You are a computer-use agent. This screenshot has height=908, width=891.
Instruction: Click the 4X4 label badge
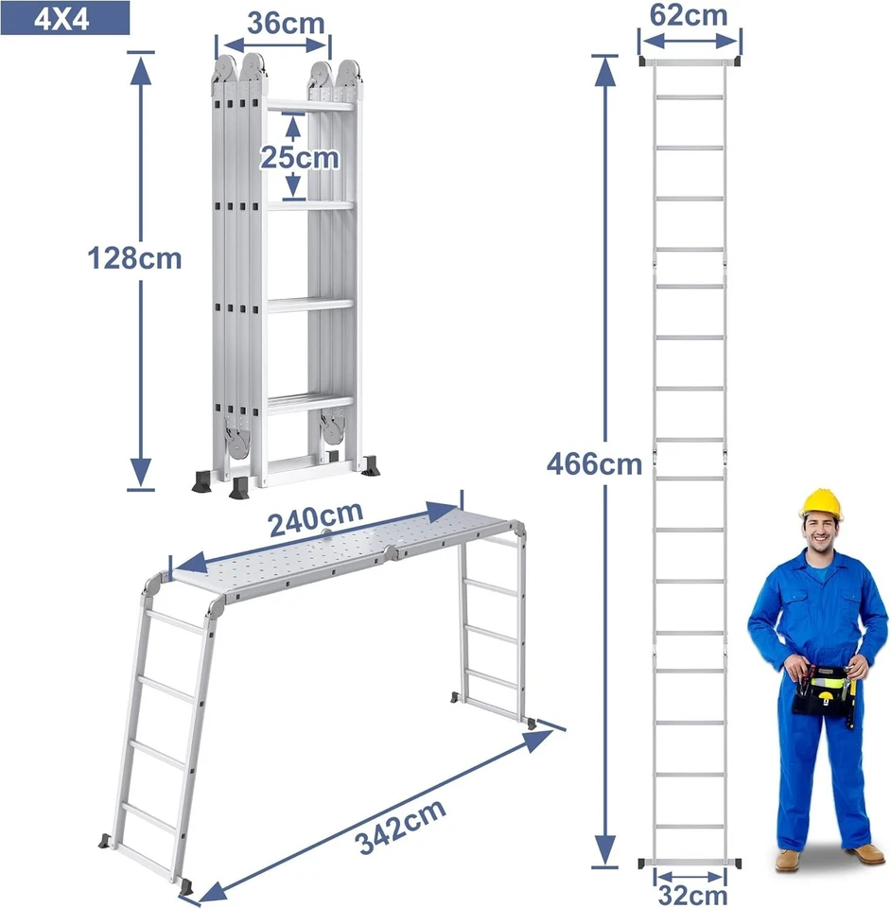point(64,18)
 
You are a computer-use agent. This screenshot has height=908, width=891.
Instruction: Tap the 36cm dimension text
point(286,23)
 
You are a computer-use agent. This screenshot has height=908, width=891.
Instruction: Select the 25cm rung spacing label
point(299,158)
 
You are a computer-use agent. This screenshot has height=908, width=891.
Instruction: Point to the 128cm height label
point(133,257)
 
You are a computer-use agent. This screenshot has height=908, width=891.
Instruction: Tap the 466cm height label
point(594,463)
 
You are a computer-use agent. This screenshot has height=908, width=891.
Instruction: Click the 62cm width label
point(689,15)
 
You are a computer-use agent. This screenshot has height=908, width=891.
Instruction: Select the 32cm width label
point(690,895)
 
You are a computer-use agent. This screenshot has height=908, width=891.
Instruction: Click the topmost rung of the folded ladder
point(309,105)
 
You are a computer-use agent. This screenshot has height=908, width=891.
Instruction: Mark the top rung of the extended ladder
point(689,96)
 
